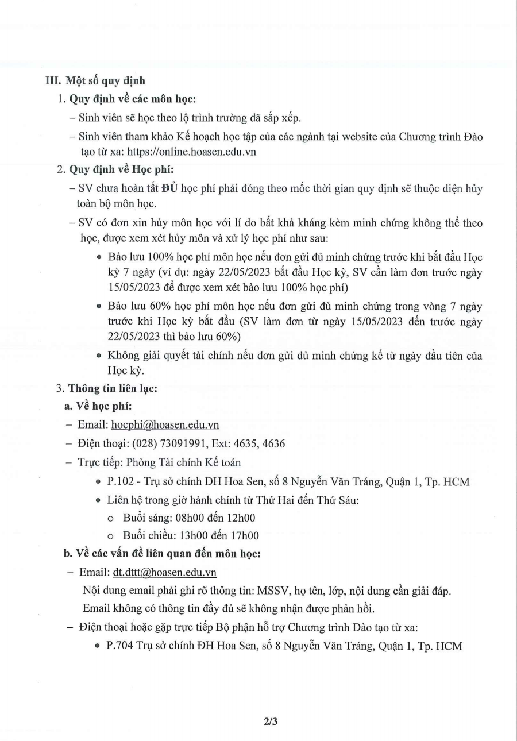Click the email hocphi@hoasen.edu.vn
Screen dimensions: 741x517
click(x=165, y=425)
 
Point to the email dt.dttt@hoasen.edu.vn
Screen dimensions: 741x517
click(x=164, y=573)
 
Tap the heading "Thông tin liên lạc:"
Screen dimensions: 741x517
click(x=113, y=388)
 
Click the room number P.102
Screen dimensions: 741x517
click(x=119, y=481)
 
